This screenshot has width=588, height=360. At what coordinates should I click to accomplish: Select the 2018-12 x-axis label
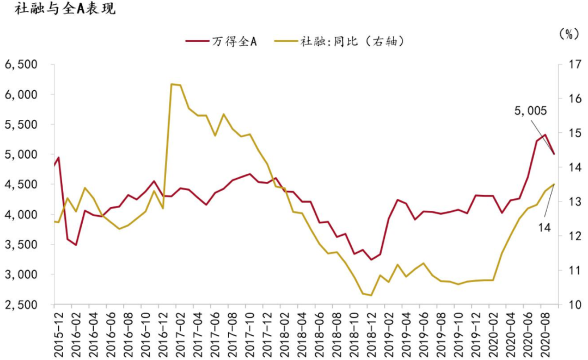(372, 333)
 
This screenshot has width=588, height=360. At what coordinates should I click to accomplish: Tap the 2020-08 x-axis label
(545, 333)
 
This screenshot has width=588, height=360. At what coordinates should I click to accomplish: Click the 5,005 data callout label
(530, 111)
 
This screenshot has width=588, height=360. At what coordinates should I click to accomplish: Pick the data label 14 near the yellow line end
(544, 227)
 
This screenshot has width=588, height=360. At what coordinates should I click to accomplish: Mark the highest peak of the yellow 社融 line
(171, 84)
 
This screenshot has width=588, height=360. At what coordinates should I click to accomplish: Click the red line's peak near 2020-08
(545, 135)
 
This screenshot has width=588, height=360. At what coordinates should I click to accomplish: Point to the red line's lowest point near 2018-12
(371, 259)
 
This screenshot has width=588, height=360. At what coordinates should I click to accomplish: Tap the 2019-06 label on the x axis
(424, 333)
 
